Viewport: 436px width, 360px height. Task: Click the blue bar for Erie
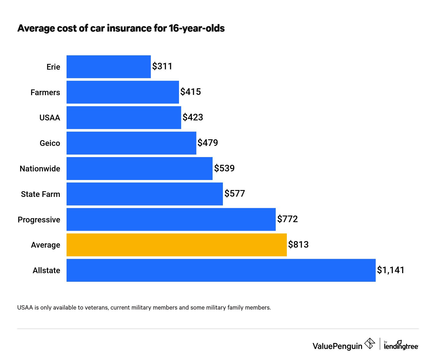coord(108,66)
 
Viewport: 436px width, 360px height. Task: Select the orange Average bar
coord(176,245)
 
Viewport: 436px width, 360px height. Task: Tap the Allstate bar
coord(221,270)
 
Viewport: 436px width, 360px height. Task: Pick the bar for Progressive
coord(171,219)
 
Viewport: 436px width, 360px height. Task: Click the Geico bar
coord(131,143)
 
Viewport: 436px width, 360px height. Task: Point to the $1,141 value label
coord(391,270)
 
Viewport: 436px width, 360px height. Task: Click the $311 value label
coord(162,66)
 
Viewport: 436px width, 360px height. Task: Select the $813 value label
coord(298,244)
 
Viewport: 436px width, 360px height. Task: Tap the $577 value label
coord(235,193)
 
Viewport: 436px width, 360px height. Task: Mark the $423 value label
coord(193,117)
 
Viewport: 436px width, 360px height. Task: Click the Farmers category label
coord(45,92)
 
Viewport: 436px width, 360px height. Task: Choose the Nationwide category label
coord(40,169)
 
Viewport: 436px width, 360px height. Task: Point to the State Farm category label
coord(40,194)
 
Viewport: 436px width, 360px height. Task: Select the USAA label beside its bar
coord(50,118)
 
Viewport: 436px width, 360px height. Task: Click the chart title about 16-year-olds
coord(121,28)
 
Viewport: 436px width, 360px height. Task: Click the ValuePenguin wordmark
coord(337,346)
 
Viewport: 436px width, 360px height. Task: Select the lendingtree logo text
coord(401,346)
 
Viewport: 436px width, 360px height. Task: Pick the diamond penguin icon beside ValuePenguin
coord(370,343)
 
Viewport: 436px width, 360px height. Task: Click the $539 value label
coord(224,168)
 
